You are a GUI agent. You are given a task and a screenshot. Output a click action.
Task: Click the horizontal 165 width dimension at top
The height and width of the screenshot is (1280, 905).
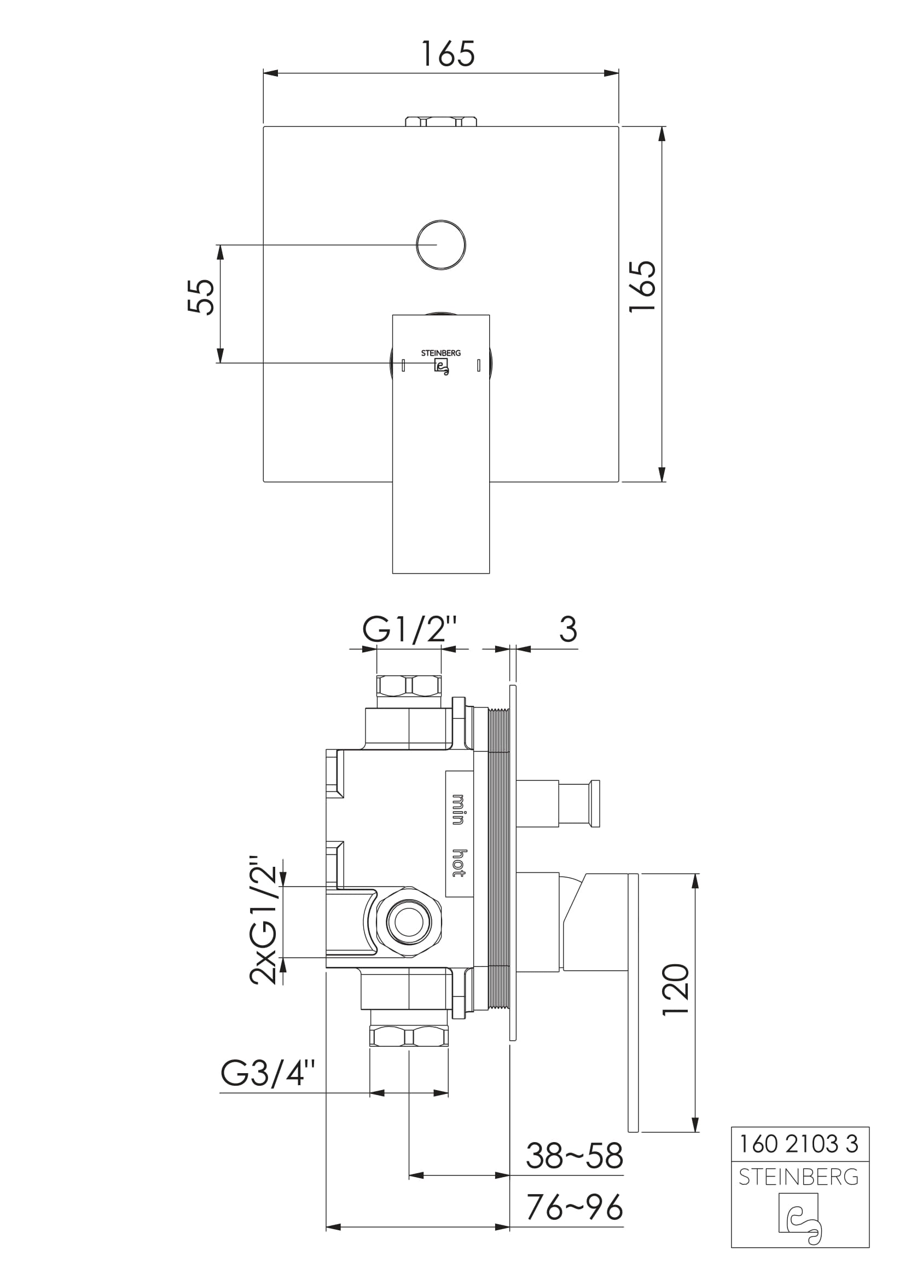tap(448, 54)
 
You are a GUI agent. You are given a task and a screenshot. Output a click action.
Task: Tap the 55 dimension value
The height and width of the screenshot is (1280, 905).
tap(201, 297)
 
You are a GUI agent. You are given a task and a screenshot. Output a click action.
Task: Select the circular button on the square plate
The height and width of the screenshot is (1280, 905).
tap(441, 245)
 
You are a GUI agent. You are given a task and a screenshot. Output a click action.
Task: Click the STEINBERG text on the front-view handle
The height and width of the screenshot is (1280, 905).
tap(441, 353)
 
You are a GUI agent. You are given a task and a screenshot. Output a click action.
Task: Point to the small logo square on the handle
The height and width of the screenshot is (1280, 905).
tap(442, 366)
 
